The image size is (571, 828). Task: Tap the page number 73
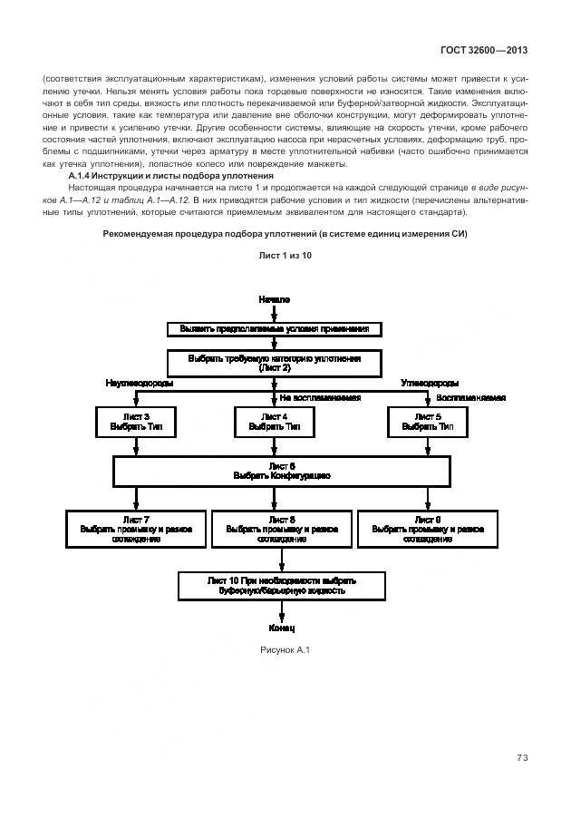pyautogui.click(x=522, y=758)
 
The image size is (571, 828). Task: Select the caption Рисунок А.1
pyautogui.click(x=285, y=648)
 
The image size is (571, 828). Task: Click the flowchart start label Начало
pyautogui.click(x=273, y=298)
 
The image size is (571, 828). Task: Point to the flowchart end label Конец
pyautogui.click(x=282, y=628)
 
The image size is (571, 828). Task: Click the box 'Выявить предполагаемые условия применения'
pyautogui.click(x=274, y=328)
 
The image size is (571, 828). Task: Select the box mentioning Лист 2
pyautogui.click(x=274, y=363)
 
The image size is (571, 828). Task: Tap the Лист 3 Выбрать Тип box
pyautogui.click(x=135, y=422)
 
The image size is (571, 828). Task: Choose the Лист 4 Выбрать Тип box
pyautogui.click(x=274, y=422)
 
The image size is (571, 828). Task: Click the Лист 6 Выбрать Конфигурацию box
pyautogui.click(x=281, y=471)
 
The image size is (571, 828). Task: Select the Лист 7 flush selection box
pyautogui.click(x=135, y=529)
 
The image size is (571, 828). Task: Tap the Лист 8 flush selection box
pyautogui.click(x=282, y=529)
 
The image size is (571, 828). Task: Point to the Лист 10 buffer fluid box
pyautogui.click(x=282, y=585)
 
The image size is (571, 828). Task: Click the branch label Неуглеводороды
pyautogui.click(x=140, y=384)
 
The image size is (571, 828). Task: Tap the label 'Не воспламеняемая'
pyautogui.click(x=320, y=398)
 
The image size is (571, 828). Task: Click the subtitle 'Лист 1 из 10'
pyautogui.click(x=285, y=256)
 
